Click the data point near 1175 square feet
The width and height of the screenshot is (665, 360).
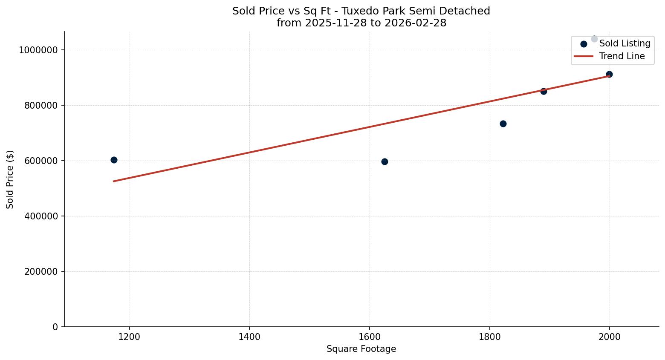click(114, 160)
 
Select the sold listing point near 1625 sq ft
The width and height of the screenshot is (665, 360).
click(385, 161)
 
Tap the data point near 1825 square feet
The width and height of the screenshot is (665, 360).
click(503, 124)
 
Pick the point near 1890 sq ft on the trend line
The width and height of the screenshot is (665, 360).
click(544, 91)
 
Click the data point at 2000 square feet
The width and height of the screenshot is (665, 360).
click(609, 74)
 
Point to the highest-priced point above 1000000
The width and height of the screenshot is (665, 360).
click(594, 39)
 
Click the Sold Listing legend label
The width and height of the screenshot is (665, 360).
click(625, 43)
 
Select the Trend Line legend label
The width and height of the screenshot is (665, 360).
click(622, 56)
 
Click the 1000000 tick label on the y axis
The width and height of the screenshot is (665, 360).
click(38, 50)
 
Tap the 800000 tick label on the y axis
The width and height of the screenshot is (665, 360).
click(41, 106)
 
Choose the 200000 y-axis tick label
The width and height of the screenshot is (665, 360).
click(41, 272)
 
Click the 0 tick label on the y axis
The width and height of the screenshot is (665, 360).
click(55, 327)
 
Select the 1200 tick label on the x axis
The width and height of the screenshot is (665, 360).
click(129, 337)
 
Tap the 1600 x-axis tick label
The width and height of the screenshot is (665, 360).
click(369, 337)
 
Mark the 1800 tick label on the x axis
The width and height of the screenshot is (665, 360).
click(489, 337)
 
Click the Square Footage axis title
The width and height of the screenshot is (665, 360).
click(361, 349)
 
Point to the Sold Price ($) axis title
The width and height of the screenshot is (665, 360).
click(10, 179)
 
